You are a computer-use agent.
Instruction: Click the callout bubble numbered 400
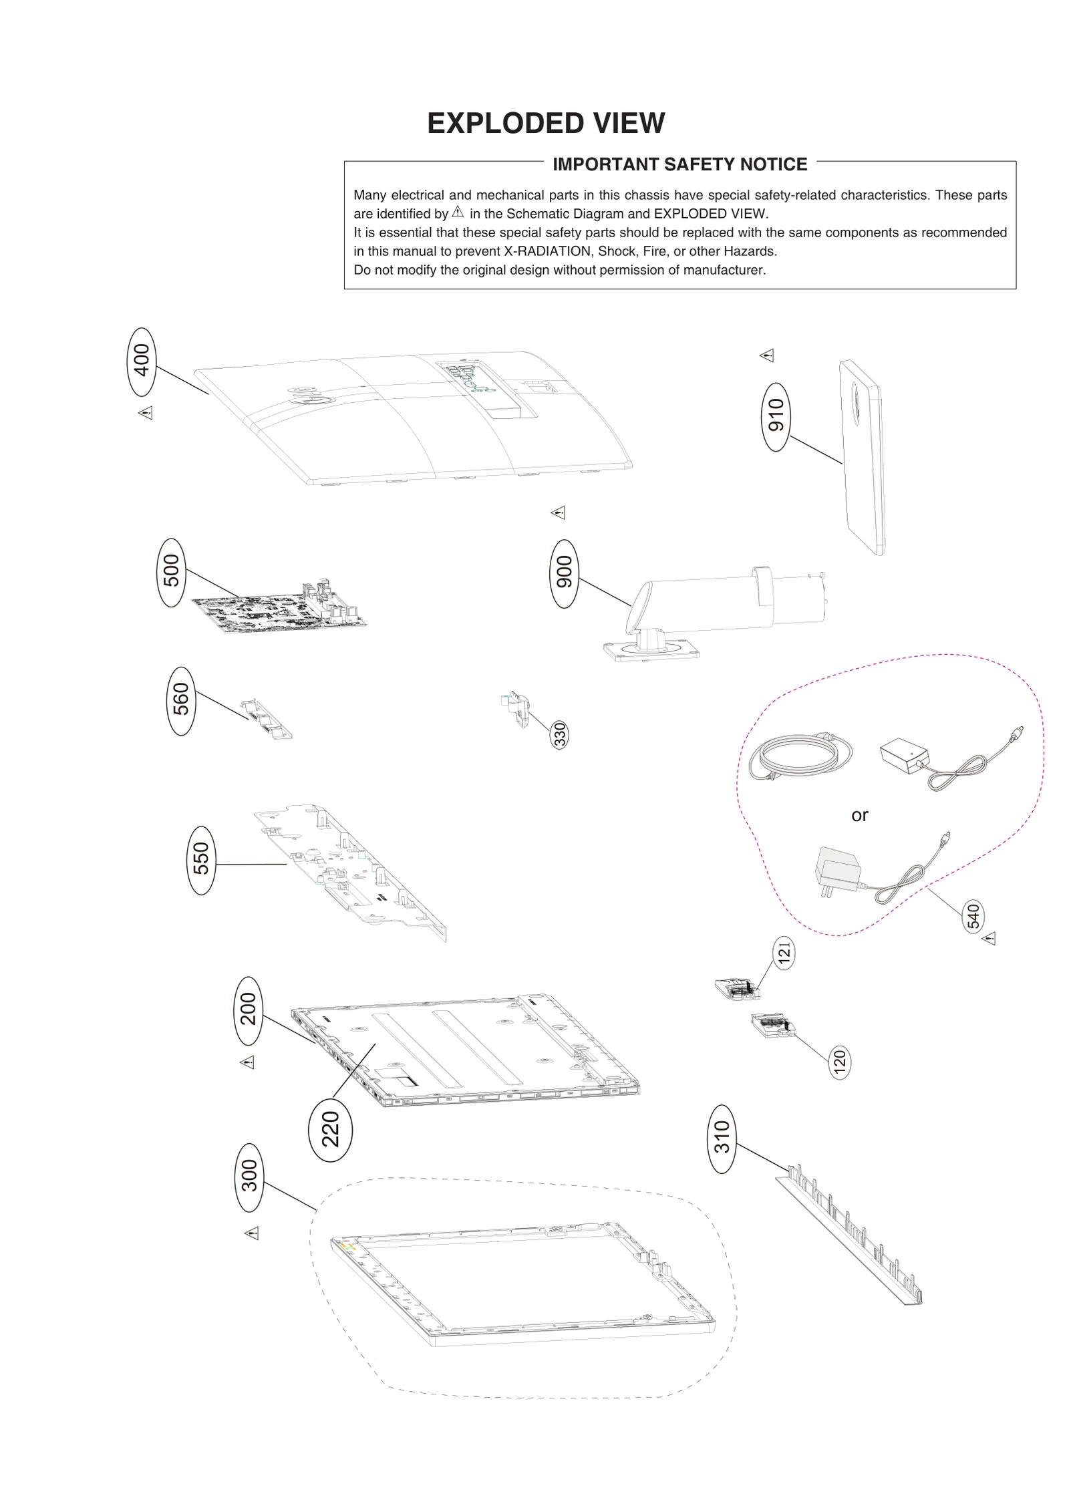(x=141, y=362)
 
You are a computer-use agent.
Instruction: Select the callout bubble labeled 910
(x=776, y=416)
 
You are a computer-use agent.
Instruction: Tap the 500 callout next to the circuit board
(x=171, y=572)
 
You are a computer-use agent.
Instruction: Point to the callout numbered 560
(x=180, y=701)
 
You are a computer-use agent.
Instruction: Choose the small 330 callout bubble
(x=560, y=735)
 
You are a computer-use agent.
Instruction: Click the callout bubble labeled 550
(x=201, y=860)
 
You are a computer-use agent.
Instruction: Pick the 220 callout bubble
(x=330, y=1129)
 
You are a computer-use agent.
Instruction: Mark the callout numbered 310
(x=722, y=1139)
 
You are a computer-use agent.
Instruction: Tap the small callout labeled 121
(x=784, y=953)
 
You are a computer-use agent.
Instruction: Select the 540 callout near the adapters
(x=973, y=916)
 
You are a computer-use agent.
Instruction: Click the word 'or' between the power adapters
(x=859, y=815)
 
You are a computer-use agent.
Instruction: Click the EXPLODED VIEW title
(x=546, y=124)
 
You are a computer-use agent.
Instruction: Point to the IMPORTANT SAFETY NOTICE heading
(x=679, y=164)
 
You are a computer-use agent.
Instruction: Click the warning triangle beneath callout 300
(x=251, y=1233)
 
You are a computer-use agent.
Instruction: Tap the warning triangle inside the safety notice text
(x=458, y=212)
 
